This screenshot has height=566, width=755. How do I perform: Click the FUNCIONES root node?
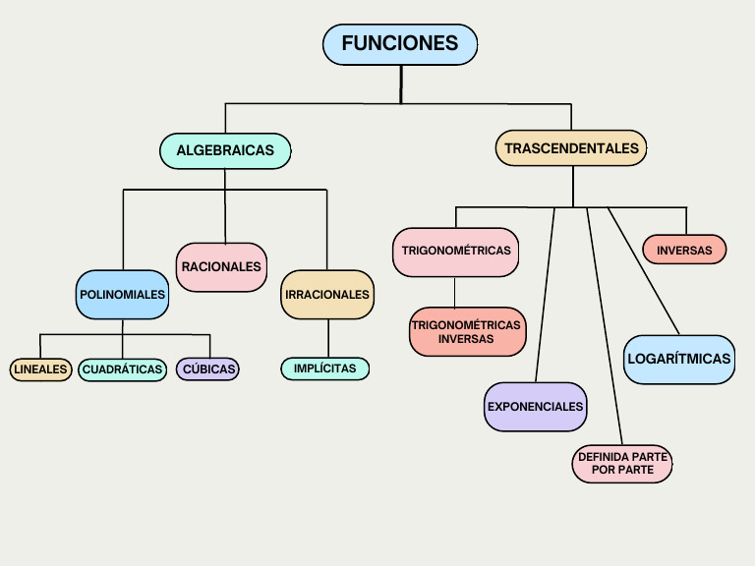pos(400,44)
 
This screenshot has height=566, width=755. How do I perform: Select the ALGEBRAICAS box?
pos(225,150)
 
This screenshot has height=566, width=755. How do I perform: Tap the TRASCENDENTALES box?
pos(571,149)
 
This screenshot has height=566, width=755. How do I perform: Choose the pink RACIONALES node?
pos(221,267)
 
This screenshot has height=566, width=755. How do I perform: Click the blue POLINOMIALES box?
pos(123,295)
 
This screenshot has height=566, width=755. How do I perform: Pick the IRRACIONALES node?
pos(327,295)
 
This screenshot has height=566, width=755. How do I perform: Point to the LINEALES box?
pos(40,369)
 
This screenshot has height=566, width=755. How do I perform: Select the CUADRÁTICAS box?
pos(123,369)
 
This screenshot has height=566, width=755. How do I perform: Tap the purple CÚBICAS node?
pos(207,369)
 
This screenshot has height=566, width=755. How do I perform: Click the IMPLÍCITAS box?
pos(325,368)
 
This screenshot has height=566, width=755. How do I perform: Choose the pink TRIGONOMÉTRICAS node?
pos(455,252)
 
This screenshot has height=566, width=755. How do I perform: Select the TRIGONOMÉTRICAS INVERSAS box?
pos(467,331)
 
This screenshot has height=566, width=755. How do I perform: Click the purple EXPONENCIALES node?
pos(536,407)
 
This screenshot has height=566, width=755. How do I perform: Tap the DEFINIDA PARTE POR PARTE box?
pos(622,464)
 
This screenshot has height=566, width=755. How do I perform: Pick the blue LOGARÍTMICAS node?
pos(679,359)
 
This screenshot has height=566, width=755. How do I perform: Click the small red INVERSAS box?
pos(684,250)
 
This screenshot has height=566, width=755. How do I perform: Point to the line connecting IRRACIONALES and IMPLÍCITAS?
pos(327,338)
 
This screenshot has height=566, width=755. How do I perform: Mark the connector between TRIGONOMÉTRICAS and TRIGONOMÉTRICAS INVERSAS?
pos(454,292)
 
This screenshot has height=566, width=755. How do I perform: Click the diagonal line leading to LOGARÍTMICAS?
pos(644,271)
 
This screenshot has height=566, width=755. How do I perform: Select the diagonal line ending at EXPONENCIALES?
pos(545,295)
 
